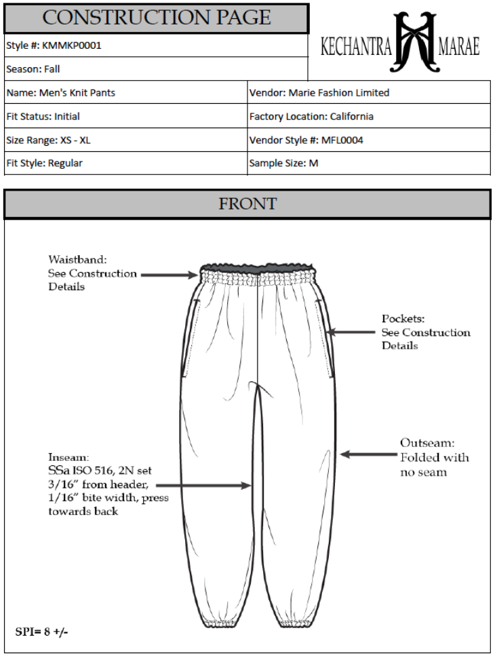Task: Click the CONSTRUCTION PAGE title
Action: point(157,18)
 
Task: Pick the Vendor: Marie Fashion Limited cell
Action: point(319,93)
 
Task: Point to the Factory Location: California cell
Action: point(311,117)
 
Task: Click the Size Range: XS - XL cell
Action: point(48,140)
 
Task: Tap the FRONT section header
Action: point(248,204)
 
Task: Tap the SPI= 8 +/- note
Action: point(41,632)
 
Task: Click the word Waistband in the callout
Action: point(78,260)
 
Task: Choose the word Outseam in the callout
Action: point(425,443)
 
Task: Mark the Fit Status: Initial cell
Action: point(43,117)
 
